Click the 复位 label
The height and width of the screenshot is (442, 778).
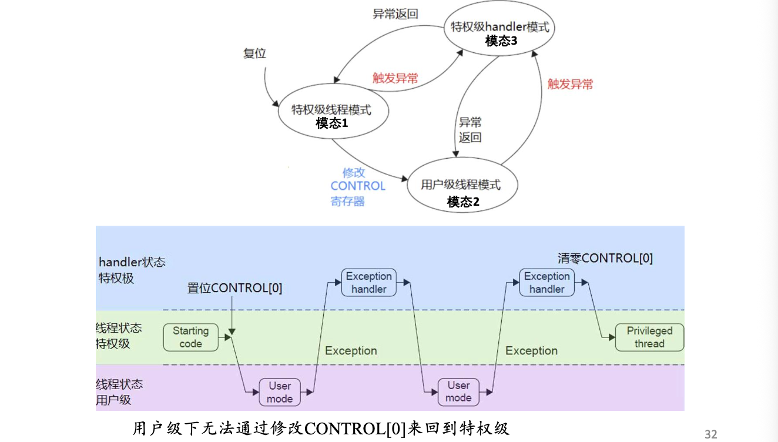pyautogui.click(x=254, y=53)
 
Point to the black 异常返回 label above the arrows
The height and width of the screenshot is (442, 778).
pyautogui.click(x=395, y=14)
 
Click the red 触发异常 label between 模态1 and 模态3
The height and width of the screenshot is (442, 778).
pyautogui.click(x=395, y=78)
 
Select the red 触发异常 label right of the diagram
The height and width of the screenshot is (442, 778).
pyautogui.click(x=570, y=84)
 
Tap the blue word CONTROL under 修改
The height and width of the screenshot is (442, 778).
pyautogui.click(x=358, y=186)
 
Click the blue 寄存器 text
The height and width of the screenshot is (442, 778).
pyautogui.click(x=347, y=201)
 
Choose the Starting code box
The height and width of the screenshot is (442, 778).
pyautogui.click(x=190, y=337)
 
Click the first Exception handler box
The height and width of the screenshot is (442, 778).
pyautogui.click(x=368, y=283)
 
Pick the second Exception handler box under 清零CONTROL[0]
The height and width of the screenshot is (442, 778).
pyautogui.click(x=546, y=283)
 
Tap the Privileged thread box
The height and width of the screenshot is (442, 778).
pyautogui.click(x=649, y=337)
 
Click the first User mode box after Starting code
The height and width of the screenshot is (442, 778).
pyautogui.click(x=280, y=392)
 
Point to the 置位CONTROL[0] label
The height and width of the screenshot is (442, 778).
pyautogui.click(x=234, y=288)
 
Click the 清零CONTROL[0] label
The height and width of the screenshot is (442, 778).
pyautogui.click(x=605, y=258)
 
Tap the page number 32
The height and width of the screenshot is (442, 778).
pyautogui.click(x=710, y=434)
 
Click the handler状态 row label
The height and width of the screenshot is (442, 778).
pyautogui.click(x=132, y=262)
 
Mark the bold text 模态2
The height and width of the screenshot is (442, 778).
pyautogui.click(x=463, y=202)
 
